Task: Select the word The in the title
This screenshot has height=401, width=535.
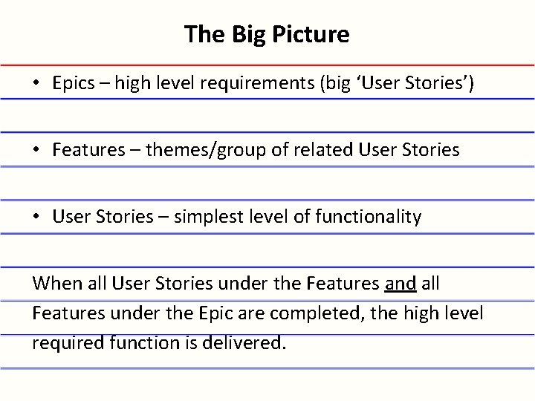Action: click(201, 34)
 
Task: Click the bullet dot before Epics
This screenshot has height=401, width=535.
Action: click(36, 83)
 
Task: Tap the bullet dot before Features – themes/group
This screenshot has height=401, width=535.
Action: click(36, 150)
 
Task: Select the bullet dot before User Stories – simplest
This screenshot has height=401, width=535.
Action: click(36, 217)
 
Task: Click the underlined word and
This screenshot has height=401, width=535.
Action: click(401, 284)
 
